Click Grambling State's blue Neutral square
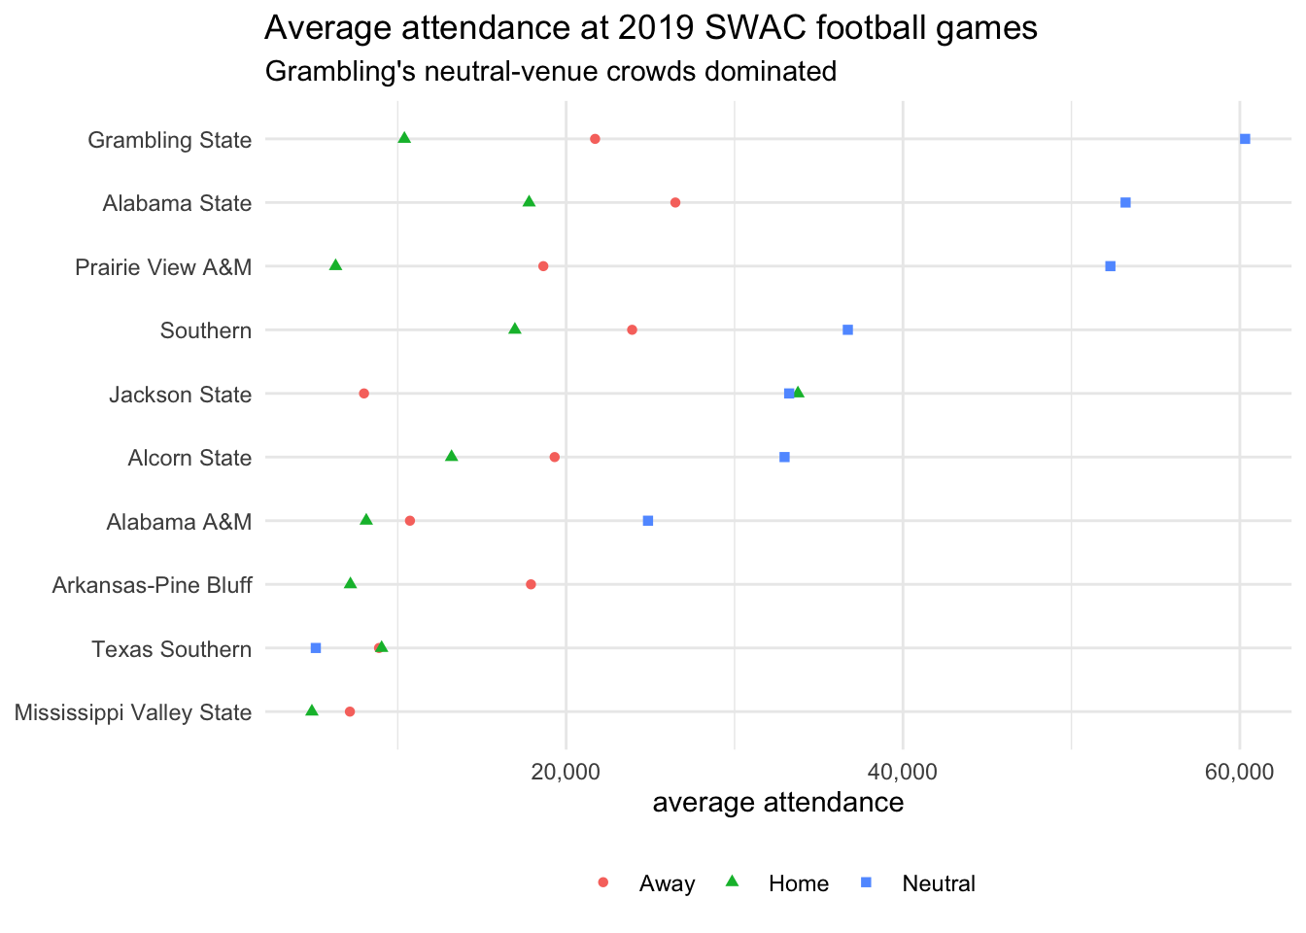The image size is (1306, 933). click(1245, 139)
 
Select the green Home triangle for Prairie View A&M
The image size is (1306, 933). click(335, 265)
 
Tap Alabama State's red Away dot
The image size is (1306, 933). click(675, 202)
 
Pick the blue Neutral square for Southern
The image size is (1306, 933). click(847, 330)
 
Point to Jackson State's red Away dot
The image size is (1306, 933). click(364, 394)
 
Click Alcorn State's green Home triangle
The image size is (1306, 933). click(451, 457)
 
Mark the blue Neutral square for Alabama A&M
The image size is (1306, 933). click(648, 521)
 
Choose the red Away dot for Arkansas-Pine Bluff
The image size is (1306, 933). click(531, 584)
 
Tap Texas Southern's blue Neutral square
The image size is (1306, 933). click(316, 648)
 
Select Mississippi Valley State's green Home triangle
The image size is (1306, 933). click(312, 711)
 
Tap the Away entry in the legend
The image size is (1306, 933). click(667, 883)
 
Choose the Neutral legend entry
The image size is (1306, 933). click(939, 883)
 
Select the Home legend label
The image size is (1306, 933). click(799, 883)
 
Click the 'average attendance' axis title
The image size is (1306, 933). click(778, 803)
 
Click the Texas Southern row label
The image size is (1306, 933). click(172, 649)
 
